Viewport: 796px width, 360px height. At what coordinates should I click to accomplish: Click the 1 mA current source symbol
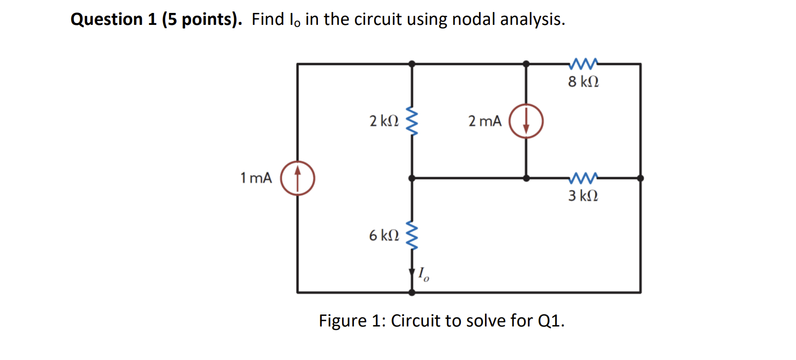click(x=297, y=178)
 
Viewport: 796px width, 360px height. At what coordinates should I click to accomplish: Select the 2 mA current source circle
click(x=526, y=121)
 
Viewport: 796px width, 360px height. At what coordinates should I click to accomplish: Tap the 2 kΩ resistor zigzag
click(x=412, y=121)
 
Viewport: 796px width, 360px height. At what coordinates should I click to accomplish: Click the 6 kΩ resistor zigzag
click(x=412, y=235)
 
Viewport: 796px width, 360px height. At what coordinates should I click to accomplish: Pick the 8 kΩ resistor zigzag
click(x=583, y=63)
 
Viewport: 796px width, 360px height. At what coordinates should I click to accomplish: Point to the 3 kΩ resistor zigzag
click(x=583, y=178)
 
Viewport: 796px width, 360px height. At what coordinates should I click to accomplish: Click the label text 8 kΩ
click(x=583, y=82)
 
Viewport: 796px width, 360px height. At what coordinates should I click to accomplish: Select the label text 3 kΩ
click(x=583, y=196)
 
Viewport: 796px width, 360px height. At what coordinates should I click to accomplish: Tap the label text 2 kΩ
click(x=384, y=121)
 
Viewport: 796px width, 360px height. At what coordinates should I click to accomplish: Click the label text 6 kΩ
click(x=384, y=236)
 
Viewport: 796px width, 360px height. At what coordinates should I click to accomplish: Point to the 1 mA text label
click(x=256, y=178)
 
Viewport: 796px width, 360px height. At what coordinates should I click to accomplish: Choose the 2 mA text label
click(x=485, y=121)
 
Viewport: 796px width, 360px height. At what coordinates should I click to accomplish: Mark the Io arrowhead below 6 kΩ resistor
click(x=412, y=273)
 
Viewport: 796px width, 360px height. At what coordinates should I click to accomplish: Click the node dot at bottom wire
click(x=412, y=292)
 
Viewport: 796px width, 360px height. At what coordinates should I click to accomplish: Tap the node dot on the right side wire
click(x=640, y=178)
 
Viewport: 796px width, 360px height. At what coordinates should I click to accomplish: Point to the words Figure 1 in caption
click(x=352, y=321)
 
